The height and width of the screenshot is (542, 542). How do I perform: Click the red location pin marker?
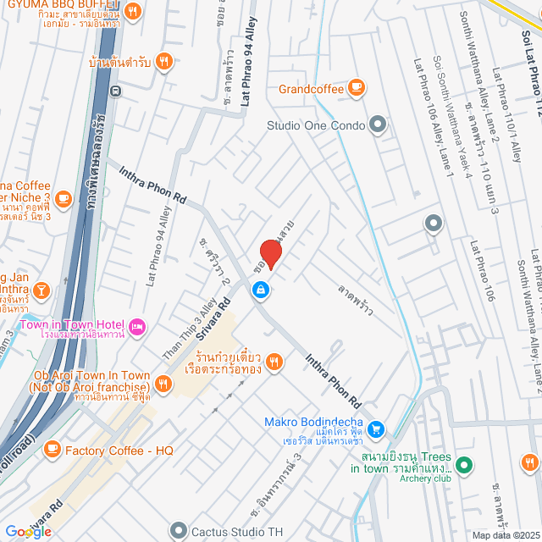pos(269,254)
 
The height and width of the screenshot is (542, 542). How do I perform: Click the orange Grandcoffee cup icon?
pos(357,88)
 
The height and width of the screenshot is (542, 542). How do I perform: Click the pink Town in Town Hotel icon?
pos(137,326)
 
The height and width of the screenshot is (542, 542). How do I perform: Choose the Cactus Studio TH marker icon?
pos(177,530)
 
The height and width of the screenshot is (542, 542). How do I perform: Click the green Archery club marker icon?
pos(463,465)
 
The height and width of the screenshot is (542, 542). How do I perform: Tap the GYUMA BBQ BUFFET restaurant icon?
pos(134,12)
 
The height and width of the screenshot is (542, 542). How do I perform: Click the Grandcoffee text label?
pos(312,88)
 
